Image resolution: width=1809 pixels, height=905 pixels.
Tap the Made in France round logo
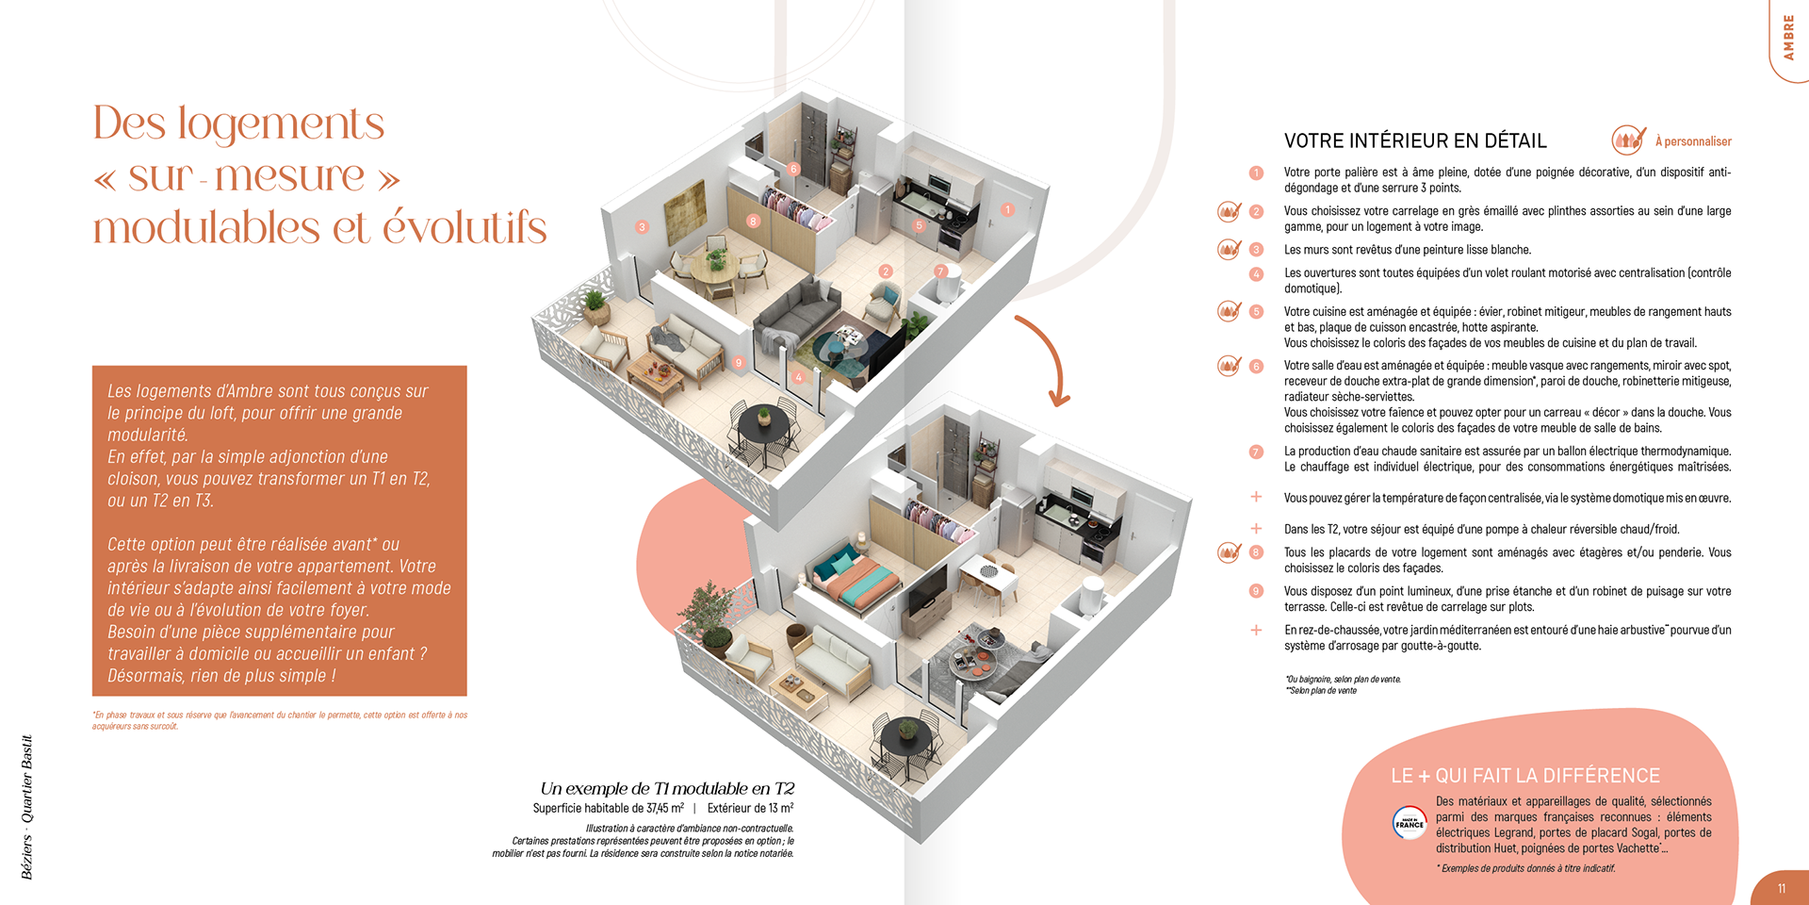(x=1410, y=823)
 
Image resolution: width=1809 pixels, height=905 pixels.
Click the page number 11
(x=1781, y=888)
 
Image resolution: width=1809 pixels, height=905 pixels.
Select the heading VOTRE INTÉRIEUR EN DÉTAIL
(x=1415, y=141)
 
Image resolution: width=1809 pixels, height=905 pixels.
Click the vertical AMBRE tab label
(x=1787, y=38)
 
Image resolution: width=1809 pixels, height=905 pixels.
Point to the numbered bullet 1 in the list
(x=1256, y=173)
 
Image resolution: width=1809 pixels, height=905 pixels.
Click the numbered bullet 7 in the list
(x=1256, y=452)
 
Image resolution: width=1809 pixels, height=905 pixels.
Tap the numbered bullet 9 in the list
(x=1256, y=591)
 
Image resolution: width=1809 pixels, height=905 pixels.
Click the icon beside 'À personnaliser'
(x=1628, y=140)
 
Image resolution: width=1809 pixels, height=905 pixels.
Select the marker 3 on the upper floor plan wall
(x=642, y=226)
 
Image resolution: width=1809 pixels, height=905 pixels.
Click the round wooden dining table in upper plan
(x=714, y=271)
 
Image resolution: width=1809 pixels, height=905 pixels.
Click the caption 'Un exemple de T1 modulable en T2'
(x=667, y=788)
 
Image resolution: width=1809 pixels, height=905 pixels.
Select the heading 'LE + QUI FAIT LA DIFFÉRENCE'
(x=1525, y=776)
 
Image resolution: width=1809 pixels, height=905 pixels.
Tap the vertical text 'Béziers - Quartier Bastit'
(x=26, y=807)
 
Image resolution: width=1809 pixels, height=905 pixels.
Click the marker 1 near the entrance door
(x=1007, y=209)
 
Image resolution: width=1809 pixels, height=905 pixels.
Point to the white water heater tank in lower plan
(x=1090, y=597)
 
